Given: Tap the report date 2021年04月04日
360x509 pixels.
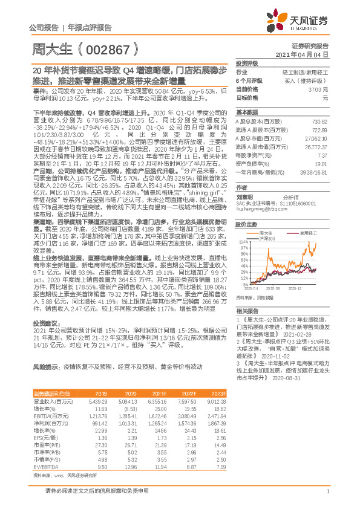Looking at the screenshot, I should [309, 54].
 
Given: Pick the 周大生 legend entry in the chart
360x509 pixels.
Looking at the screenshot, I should [267, 232].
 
